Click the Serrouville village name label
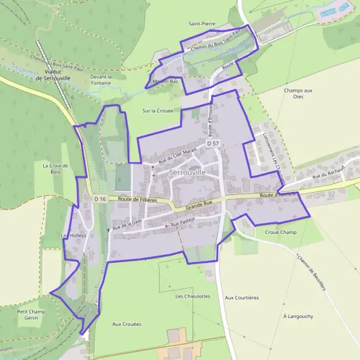tap(187, 172)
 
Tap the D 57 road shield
tap(213, 144)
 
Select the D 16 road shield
tap(100, 199)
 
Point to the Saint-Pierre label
tap(202, 23)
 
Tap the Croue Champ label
tap(281, 232)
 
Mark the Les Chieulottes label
tap(193, 296)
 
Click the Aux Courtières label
tap(241, 297)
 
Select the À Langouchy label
tap(298, 316)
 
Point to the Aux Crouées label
tap(127, 324)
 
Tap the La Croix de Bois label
tap(56, 169)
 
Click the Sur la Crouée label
tap(157, 111)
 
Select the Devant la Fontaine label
tap(101, 80)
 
